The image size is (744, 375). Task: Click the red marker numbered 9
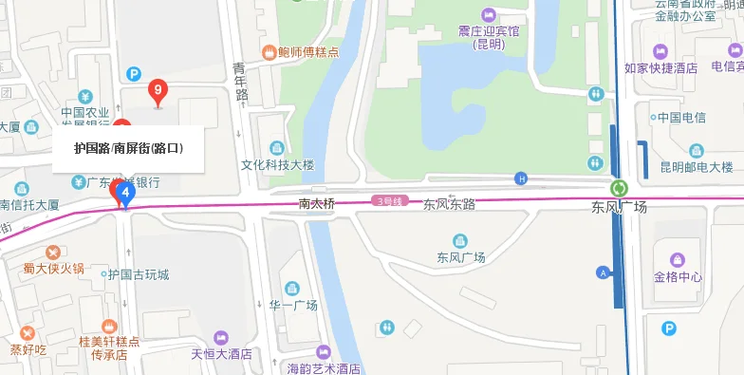[159, 91]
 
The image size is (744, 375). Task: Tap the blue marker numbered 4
[124, 193]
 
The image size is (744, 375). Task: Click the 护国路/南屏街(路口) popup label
[128, 148]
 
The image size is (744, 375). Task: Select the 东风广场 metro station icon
[619, 189]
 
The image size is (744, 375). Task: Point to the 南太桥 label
[317, 203]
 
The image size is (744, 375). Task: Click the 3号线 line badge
[390, 201]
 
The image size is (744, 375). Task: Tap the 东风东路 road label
[449, 203]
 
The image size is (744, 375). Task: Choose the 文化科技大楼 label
[277, 164]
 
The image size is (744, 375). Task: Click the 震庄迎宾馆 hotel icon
[490, 14]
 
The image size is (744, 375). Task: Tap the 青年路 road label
[241, 82]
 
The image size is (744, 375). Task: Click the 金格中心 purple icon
[678, 259]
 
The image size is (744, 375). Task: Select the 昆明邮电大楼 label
[697, 166]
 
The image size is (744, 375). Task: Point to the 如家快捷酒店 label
[660, 68]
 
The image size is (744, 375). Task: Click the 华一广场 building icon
[292, 288]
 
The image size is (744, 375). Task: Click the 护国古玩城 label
[139, 275]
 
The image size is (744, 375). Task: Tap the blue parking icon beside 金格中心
[670, 328]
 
